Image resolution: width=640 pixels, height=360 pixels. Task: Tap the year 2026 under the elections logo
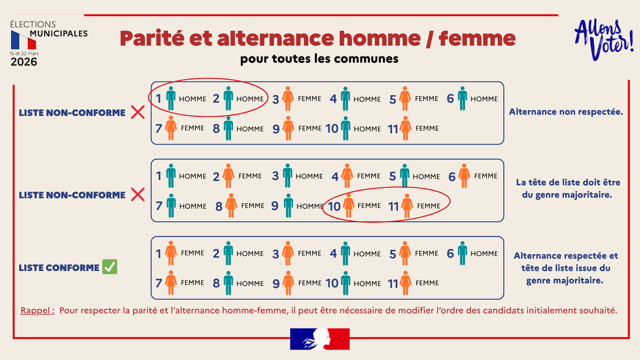[x=24, y=62]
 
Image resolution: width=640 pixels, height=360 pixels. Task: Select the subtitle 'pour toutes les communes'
[x=319, y=59]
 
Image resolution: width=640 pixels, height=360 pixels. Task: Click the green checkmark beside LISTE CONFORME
[x=110, y=267]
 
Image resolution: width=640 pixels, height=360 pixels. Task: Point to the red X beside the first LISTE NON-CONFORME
[x=138, y=113]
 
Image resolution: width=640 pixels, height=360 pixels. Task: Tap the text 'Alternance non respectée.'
[x=566, y=112]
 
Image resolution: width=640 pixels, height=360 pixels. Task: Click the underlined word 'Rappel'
[x=37, y=310]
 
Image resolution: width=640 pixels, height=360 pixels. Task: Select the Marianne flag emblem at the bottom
[x=319, y=339]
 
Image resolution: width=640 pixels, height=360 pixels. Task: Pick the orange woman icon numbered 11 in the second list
[x=407, y=206]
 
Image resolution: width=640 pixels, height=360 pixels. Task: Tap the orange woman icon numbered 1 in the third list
[x=171, y=253]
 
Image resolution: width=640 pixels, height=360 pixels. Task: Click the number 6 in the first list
[x=451, y=99]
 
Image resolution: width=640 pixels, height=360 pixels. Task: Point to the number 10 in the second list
[x=334, y=206]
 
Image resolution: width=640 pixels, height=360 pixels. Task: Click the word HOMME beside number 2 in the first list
[x=250, y=99]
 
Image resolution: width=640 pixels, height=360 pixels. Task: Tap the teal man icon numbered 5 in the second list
[x=405, y=176]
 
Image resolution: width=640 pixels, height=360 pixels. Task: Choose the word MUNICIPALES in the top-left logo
[x=59, y=34]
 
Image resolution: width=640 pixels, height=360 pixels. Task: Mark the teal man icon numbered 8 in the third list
[x=229, y=283]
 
